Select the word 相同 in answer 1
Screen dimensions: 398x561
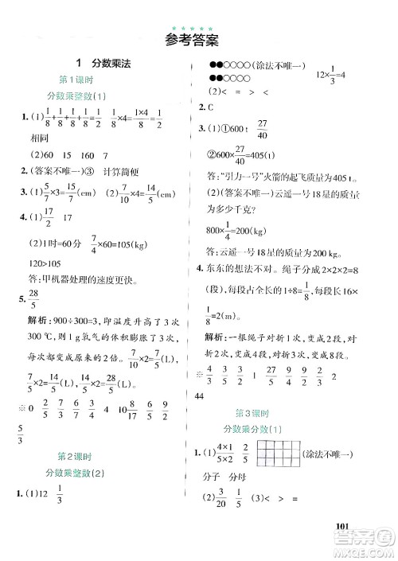click(x=41, y=137)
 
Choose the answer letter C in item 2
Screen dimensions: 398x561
click(x=215, y=107)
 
